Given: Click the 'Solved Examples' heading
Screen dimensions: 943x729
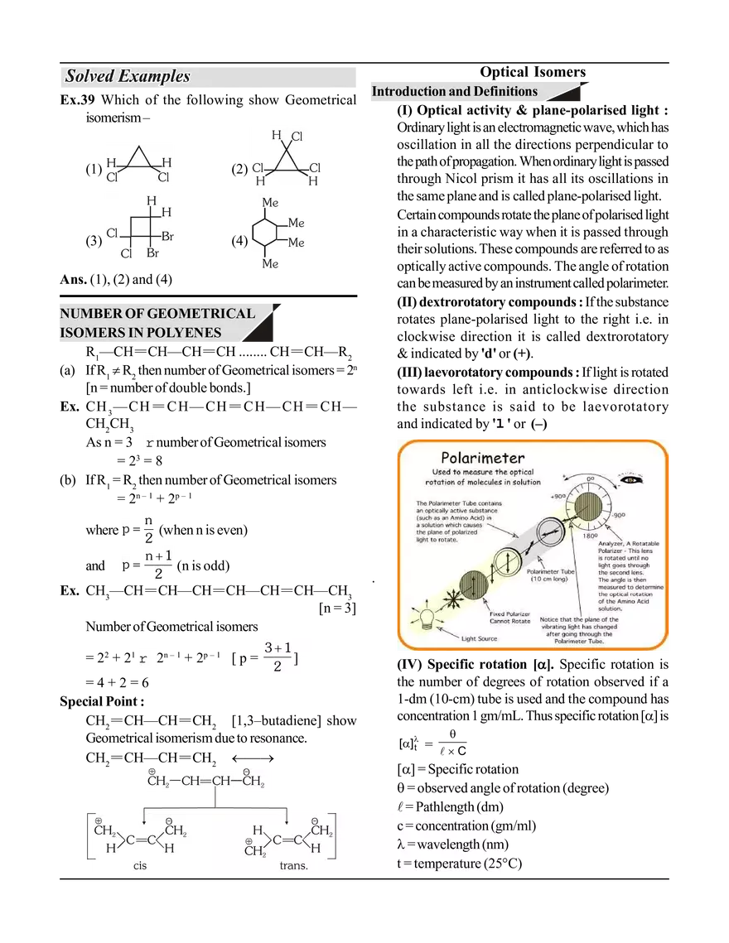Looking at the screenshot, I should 128,77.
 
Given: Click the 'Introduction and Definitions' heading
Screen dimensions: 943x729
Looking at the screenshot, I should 454,92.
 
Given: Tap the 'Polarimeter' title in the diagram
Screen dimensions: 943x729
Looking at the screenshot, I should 482,458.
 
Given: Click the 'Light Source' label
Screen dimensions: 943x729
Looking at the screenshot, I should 480,638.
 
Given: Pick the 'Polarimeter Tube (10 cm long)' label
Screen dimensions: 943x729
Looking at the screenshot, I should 555,575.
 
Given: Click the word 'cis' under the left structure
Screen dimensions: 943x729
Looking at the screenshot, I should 141,866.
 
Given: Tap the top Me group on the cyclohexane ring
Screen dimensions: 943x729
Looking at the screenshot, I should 270,203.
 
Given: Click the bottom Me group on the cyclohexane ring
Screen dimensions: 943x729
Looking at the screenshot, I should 270,263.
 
